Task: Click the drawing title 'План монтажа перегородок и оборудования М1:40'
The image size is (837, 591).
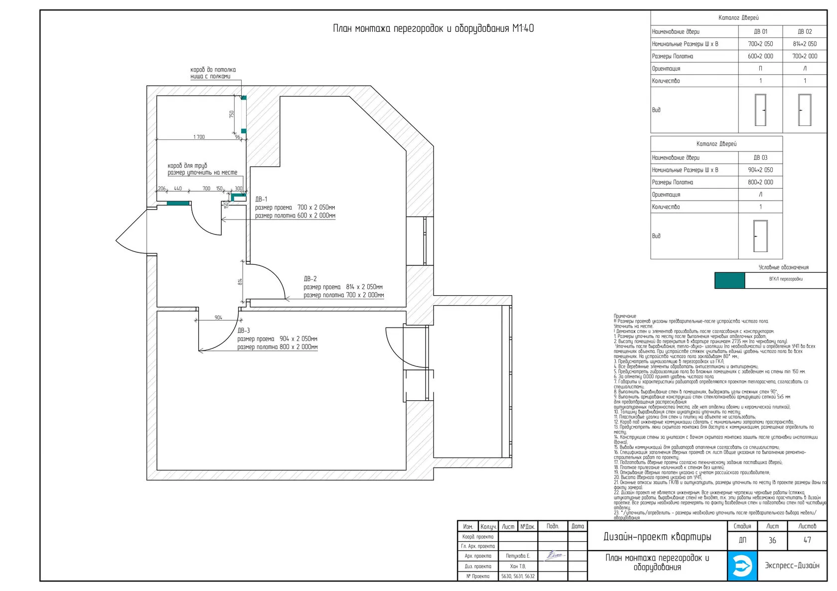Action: [x=433, y=28]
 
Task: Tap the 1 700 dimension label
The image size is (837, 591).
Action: [x=199, y=137]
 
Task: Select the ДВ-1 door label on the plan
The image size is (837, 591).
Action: [x=262, y=199]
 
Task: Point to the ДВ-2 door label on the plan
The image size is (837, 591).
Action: [x=310, y=279]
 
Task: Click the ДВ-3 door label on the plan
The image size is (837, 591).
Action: [x=244, y=331]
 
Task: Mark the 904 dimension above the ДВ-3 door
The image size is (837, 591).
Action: [x=218, y=318]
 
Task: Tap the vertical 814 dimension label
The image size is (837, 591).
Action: [x=240, y=281]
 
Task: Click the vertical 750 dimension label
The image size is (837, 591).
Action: [x=232, y=114]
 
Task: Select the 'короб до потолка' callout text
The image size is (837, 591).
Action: [x=213, y=70]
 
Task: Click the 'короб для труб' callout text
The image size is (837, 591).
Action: [x=187, y=166]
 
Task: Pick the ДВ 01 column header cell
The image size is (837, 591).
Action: [x=760, y=31]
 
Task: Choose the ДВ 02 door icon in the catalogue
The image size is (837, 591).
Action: [x=805, y=110]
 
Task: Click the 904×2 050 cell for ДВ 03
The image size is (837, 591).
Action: [x=760, y=170]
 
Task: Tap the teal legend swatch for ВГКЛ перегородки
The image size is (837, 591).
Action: [x=729, y=280]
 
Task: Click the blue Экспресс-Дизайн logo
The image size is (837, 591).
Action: [x=742, y=566]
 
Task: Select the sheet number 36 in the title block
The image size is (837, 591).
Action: [x=772, y=540]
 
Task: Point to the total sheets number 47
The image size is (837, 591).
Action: [x=807, y=540]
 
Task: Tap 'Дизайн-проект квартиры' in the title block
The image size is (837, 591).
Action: [x=657, y=537]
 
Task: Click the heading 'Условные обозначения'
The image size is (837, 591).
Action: [x=783, y=267]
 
